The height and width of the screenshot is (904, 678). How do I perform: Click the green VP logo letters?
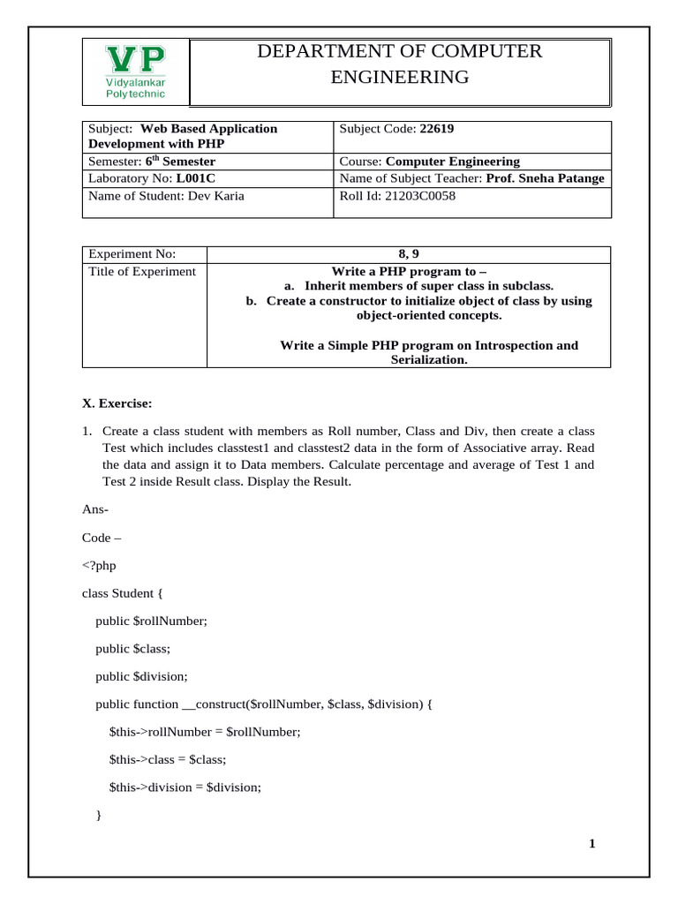tap(135, 60)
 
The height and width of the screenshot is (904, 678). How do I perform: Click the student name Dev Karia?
tap(215, 196)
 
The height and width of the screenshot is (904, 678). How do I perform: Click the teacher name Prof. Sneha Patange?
tap(545, 178)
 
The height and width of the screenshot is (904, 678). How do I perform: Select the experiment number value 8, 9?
tap(409, 254)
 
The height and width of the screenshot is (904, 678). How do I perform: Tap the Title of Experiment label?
tap(142, 271)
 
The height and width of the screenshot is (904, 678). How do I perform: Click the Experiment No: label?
tap(132, 254)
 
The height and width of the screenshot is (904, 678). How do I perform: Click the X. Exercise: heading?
tap(117, 403)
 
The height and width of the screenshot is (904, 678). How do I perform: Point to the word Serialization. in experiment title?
tap(429, 360)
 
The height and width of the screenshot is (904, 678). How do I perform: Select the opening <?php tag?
tap(99, 565)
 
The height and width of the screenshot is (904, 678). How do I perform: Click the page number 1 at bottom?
tap(592, 844)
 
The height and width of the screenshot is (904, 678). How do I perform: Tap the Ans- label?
tap(95, 509)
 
